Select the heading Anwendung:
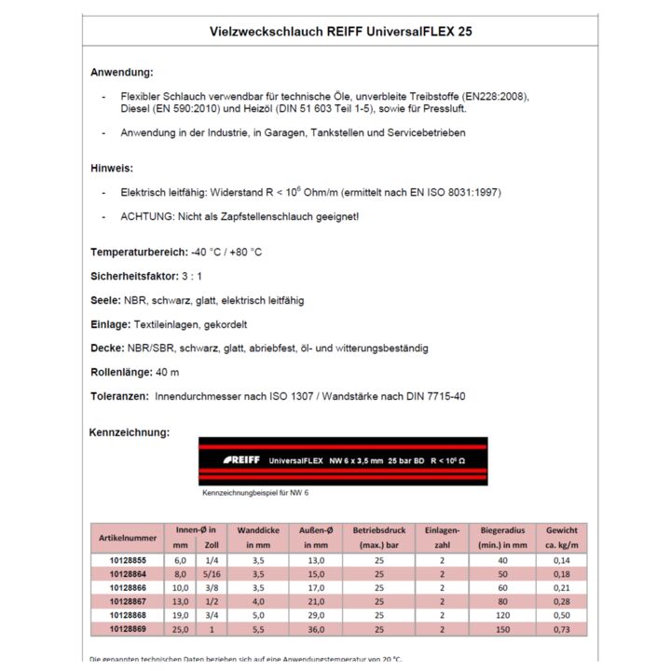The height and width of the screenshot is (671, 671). point(122,72)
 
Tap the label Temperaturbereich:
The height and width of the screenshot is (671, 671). point(139,252)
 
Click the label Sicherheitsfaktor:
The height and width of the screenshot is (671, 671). point(133,276)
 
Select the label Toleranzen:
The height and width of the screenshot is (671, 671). point(119,396)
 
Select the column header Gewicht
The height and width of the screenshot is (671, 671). point(562,530)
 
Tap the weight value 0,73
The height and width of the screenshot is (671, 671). point(562,630)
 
